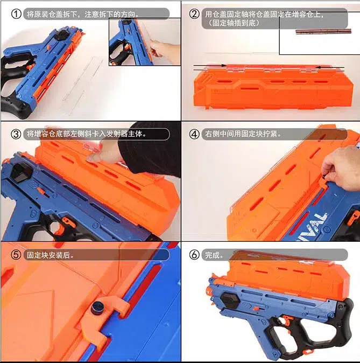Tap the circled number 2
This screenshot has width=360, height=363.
tap(194, 15)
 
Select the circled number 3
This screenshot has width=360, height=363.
tap(16, 134)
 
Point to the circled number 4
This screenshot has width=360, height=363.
tap(194, 134)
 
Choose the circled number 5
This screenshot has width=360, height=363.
tap(16, 255)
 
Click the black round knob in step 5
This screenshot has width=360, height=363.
tap(98, 308)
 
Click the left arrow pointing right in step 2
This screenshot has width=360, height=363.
tap(210, 67)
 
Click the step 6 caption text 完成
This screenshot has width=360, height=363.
tap(214, 255)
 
